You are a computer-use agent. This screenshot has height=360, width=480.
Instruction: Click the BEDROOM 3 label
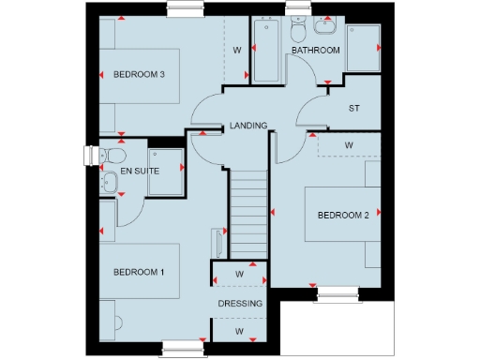140,75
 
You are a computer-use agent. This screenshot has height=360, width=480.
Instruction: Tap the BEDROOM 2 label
342,216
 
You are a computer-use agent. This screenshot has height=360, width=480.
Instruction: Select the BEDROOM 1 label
139,272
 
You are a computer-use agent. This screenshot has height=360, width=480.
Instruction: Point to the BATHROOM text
315,51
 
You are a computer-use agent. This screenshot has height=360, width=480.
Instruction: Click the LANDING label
248,126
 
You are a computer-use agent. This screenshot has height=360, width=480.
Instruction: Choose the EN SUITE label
140,172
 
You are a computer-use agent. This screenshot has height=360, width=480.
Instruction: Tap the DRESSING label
240,304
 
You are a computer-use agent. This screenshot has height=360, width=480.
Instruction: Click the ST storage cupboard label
353,109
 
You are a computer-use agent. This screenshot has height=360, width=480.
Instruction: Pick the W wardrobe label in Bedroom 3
237,50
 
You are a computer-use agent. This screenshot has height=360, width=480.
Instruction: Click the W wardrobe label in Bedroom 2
348,145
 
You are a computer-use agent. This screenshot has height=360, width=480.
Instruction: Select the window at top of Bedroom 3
181,10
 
